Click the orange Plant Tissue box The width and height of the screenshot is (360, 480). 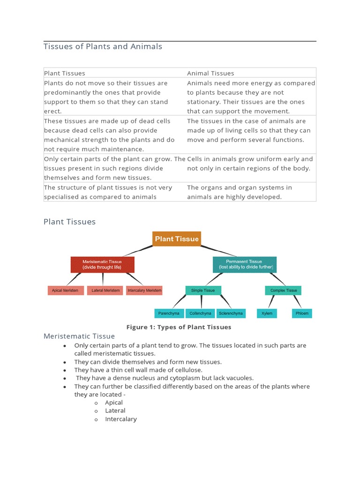[177, 239]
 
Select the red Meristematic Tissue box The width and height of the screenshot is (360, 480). [102, 264]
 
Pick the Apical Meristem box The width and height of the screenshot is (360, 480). [66, 291]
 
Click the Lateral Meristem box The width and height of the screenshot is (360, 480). [105, 291]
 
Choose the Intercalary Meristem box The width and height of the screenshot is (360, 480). [144, 291]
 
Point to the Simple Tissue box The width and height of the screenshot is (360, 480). [203, 291]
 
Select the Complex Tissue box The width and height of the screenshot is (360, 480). [284, 291]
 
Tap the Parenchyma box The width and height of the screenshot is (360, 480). [169, 313]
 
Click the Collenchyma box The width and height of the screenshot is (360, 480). [200, 313]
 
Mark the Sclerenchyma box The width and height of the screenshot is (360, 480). [231, 313]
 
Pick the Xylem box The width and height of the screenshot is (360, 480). [267, 313]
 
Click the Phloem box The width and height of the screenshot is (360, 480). [302, 313]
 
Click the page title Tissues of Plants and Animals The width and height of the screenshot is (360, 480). [103, 46]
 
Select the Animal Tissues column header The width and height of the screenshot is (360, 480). [210, 73]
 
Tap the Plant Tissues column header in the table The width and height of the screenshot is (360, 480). [65, 73]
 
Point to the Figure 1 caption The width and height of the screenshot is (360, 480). [179, 327]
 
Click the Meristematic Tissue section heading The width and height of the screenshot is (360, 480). [79, 336]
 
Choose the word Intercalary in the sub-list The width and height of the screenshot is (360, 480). [121, 419]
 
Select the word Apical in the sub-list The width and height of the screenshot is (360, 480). [114, 403]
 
